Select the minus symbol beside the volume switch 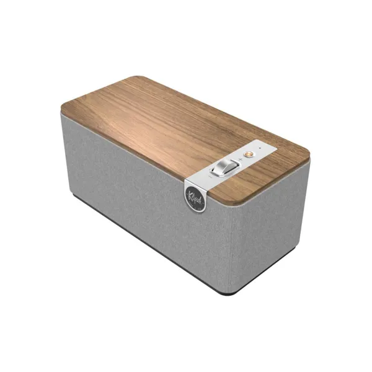(x=210, y=177)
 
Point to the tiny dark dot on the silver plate (x=260, y=148)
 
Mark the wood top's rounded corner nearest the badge (x=238, y=204)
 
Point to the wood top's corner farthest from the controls (x=62, y=106)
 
